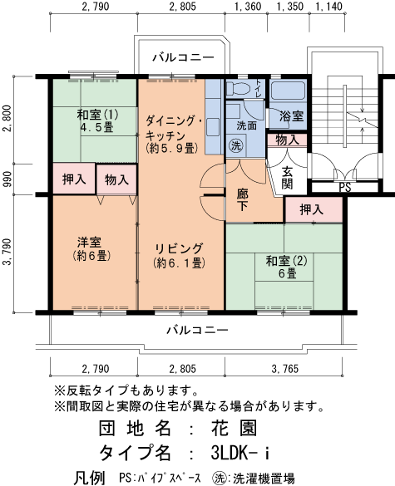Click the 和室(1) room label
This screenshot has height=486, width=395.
(97, 122)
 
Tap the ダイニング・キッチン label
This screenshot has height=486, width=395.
(173, 133)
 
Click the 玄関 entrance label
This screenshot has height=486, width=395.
(287, 178)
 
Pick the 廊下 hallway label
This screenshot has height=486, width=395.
(243, 199)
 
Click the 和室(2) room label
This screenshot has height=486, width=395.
(287, 267)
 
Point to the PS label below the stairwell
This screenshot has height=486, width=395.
(344, 188)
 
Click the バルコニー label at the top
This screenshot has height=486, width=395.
(183, 58)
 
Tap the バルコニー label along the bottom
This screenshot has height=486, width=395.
(196, 330)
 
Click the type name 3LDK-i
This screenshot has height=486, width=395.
(240, 454)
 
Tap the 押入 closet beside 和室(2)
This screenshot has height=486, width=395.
(312, 210)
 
